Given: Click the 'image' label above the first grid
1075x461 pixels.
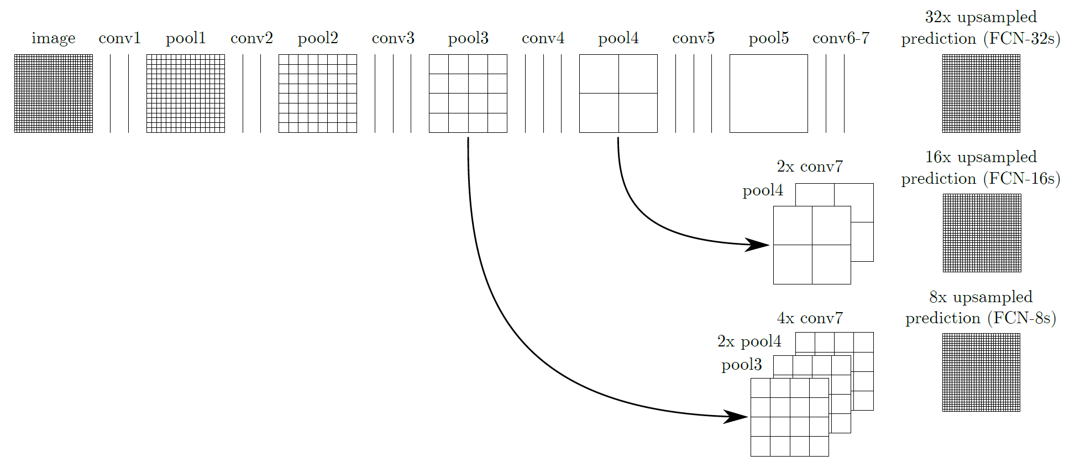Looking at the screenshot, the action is click(54, 38).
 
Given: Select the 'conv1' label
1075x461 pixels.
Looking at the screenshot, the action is click(120, 38).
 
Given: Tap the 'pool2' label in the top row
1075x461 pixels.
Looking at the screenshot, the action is click(318, 38).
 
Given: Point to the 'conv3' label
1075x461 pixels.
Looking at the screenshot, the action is click(393, 38).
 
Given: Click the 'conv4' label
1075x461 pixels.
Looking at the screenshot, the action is click(543, 38).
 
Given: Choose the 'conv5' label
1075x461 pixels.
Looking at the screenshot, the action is click(694, 38).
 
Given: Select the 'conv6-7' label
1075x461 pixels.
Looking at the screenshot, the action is click(841, 38).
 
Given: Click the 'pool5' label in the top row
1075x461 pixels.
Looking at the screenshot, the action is click(769, 38).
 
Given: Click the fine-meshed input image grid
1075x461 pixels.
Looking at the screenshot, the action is click(54, 94).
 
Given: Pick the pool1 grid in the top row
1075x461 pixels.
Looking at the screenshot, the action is click(186, 94).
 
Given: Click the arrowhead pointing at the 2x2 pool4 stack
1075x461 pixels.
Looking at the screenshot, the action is click(757, 245).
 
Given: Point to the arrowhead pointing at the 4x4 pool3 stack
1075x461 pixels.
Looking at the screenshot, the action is click(736, 417).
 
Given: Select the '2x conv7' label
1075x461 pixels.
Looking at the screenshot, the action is click(810, 167).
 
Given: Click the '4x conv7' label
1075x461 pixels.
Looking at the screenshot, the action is click(810, 318).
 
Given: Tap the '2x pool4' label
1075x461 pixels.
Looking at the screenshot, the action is click(749, 341).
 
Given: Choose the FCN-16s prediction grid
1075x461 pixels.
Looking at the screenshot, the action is click(982, 233).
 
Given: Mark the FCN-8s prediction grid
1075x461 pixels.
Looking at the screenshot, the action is click(982, 372).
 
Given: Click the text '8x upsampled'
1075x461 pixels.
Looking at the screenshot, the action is click(981, 297).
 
